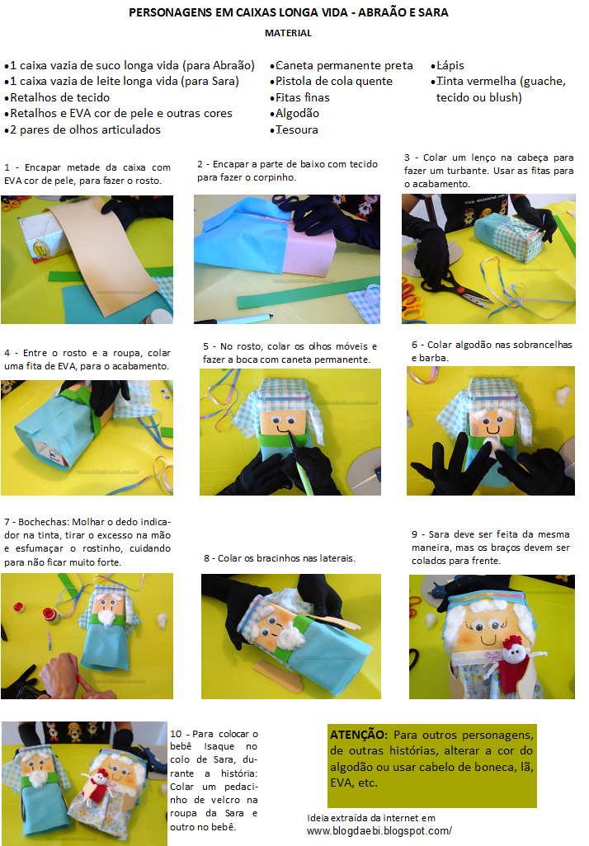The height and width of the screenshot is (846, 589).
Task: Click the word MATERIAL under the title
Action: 288,33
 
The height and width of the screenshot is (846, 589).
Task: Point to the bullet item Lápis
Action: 448,66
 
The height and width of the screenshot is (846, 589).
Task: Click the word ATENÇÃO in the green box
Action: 359,735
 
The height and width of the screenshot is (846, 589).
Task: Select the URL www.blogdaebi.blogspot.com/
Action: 379,831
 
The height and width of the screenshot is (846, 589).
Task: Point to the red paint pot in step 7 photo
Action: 49,614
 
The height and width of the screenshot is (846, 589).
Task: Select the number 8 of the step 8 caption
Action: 206,558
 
